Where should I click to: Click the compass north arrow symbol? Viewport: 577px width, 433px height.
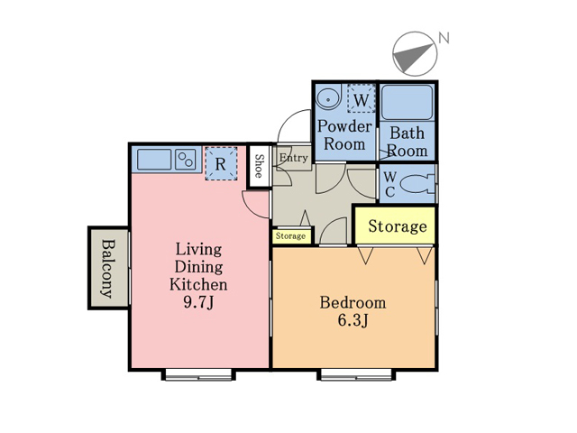(x=415, y=54)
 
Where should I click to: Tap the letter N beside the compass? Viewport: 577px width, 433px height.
(x=444, y=38)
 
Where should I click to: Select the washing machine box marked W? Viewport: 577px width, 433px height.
(x=361, y=98)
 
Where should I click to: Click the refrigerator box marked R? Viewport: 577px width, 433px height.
(x=221, y=163)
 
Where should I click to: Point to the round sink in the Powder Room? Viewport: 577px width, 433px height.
(x=327, y=98)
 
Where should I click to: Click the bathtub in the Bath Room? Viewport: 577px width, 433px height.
(x=407, y=102)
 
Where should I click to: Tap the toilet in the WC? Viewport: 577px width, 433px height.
(x=417, y=183)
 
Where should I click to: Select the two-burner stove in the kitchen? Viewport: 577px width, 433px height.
(x=186, y=160)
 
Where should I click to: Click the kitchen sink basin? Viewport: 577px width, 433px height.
(x=154, y=160)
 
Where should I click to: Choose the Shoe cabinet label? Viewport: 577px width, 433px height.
(x=260, y=166)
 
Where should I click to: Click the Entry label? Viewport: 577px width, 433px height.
(x=293, y=158)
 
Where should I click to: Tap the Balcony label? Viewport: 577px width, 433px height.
(x=107, y=269)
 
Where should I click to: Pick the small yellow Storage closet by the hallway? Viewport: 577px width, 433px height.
(x=292, y=236)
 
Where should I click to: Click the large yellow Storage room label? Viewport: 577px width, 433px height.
(x=398, y=226)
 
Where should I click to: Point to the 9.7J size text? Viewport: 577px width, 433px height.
(x=198, y=302)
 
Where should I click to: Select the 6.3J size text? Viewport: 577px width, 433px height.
(x=353, y=320)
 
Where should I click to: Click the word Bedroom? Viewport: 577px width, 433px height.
(x=353, y=303)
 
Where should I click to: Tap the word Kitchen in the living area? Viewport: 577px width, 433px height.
(x=198, y=284)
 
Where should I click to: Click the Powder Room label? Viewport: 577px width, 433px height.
(x=344, y=135)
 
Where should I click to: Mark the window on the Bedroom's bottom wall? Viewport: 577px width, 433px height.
(x=356, y=375)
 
